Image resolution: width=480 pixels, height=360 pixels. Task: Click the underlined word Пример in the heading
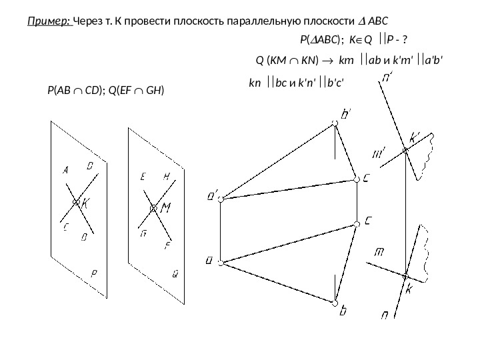click(x=50, y=20)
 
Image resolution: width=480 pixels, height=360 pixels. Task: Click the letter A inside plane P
click(x=66, y=170)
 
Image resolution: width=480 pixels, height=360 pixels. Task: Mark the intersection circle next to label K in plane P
click(x=77, y=201)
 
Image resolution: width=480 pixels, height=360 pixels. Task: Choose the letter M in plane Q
click(x=166, y=208)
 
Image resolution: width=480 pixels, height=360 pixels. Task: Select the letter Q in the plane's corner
click(x=175, y=273)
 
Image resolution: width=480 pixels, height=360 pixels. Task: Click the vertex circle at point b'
click(x=334, y=122)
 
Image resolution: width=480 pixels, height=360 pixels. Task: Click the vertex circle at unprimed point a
click(x=224, y=260)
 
